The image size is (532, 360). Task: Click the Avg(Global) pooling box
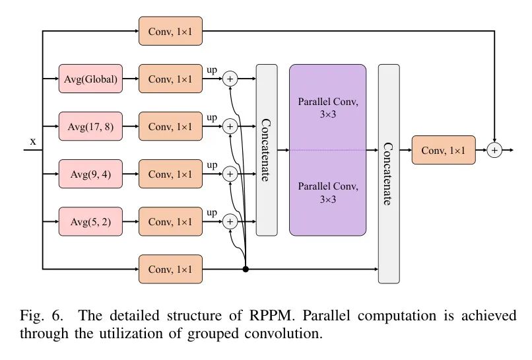pos(90,79)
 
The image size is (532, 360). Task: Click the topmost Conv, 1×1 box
pos(170,31)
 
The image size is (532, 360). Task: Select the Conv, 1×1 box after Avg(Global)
pos(170,79)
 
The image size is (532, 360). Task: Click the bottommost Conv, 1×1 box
pos(170,269)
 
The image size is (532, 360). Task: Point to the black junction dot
pos(246,269)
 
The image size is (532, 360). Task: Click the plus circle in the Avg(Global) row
pos(230,79)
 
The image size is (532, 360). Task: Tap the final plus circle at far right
pos(494,151)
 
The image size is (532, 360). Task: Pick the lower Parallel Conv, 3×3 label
pos(327,192)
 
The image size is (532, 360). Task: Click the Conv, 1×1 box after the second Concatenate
pos(443,151)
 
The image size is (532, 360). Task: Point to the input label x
pos(32,141)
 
